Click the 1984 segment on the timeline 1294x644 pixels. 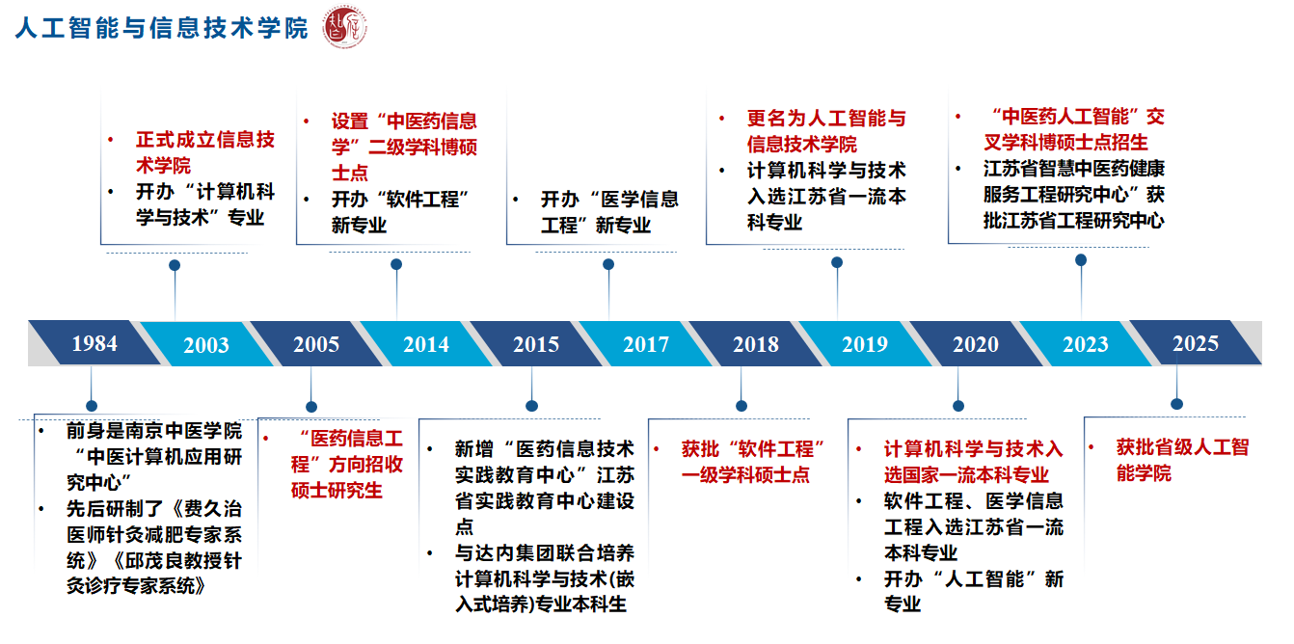pyautogui.click(x=94, y=343)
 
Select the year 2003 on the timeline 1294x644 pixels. pyautogui.click(x=206, y=345)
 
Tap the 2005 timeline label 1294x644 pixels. pyautogui.click(x=316, y=344)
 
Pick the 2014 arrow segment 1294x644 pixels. pyautogui.click(x=426, y=344)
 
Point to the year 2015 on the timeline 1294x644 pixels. pyautogui.click(x=536, y=344)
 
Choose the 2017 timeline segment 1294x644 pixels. pyautogui.click(x=646, y=344)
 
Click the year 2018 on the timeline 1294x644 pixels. pyautogui.click(x=756, y=344)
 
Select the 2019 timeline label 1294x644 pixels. pyautogui.click(x=865, y=344)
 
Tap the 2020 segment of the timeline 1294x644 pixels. pyautogui.click(x=976, y=344)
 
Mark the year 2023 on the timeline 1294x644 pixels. pyautogui.click(x=1086, y=344)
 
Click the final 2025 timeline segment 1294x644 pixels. pyautogui.click(x=1196, y=343)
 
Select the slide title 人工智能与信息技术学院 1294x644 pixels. pyautogui.click(x=162, y=29)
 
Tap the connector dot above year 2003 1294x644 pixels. pyautogui.click(x=175, y=265)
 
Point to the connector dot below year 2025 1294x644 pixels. pyautogui.click(x=1176, y=404)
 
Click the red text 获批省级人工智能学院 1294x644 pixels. pyautogui.click(x=1182, y=461)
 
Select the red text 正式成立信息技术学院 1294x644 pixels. pyautogui.click(x=204, y=152)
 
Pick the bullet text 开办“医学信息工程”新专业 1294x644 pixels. pyautogui.click(x=608, y=212)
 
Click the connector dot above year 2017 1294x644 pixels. pyautogui.click(x=608, y=264)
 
